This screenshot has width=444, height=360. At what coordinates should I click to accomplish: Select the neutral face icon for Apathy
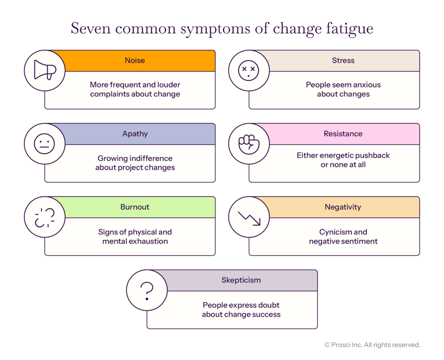click(x=44, y=144)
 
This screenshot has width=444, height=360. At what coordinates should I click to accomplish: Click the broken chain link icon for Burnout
click(x=44, y=217)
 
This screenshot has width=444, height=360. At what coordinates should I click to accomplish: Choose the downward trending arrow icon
click(x=249, y=217)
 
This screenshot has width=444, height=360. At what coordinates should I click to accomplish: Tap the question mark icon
click(x=147, y=290)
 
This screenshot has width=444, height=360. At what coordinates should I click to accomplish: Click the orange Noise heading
click(x=135, y=60)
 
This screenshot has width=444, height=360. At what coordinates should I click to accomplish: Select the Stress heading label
click(x=342, y=60)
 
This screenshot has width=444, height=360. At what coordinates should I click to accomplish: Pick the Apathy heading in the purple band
click(x=135, y=134)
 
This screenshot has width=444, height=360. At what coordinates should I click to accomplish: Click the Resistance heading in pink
click(x=343, y=134)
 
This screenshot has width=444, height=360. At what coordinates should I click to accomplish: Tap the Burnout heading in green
click(x=135, y=207)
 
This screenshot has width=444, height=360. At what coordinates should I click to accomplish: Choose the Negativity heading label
click(x=343, y=207)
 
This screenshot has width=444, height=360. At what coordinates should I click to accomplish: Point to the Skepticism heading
click(x=241, y=280)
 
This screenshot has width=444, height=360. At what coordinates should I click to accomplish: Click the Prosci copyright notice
click(x=372, y=344)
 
